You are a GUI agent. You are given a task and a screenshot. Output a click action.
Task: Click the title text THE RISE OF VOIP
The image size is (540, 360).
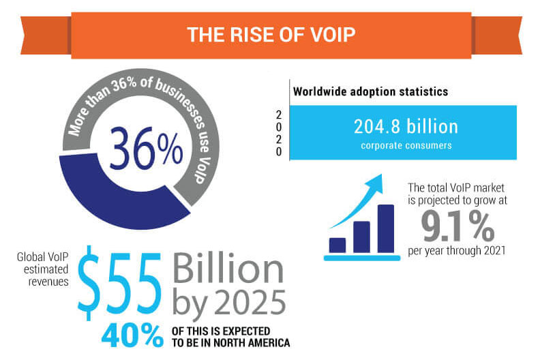point(270,34)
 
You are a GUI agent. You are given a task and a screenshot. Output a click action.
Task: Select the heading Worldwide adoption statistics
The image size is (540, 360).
point(361,91)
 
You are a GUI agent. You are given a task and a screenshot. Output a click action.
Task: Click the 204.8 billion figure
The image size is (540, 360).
point(406,126)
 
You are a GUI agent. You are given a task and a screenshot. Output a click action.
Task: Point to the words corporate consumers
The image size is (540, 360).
point(406,145)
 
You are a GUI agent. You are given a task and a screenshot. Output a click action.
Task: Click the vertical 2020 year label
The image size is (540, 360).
point(278,133)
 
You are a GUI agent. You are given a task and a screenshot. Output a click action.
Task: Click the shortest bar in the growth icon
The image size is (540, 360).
point(337,245)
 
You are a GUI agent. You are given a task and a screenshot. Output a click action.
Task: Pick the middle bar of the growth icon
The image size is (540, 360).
point(361,237)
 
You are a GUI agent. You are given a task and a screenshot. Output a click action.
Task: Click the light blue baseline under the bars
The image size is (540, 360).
point(361,258)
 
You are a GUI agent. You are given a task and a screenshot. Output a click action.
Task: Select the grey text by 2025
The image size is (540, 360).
point(229,301)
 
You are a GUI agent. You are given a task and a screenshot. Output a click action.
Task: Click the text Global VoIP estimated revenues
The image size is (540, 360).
point(42,268)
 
